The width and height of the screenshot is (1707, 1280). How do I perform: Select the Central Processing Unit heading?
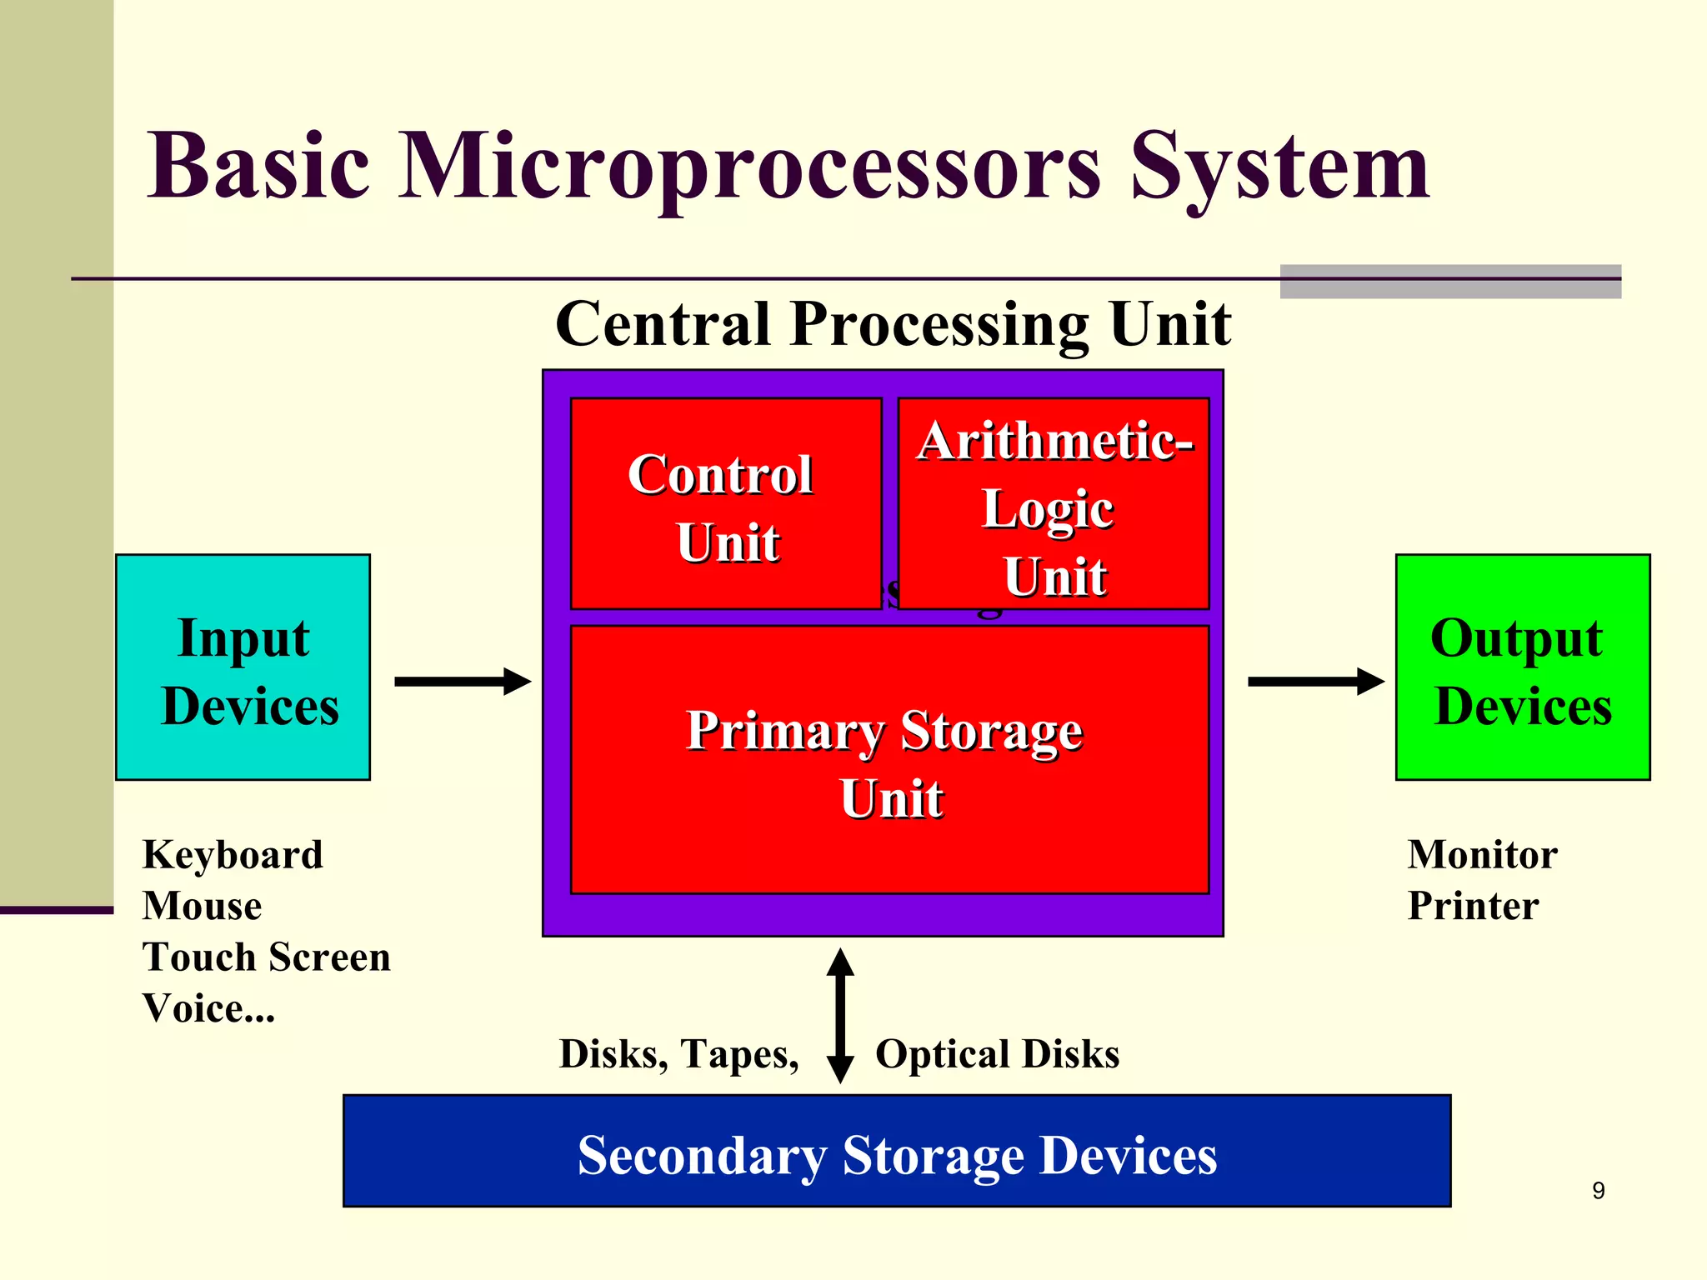click(893, 324)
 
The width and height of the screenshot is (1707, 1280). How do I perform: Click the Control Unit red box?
click(725, 505)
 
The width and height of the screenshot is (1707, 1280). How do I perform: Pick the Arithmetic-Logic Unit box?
click(1054, 505)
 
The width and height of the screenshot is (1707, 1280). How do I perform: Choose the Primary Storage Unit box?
click(889, 760)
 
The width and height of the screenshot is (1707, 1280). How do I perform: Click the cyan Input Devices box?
click(243, 667)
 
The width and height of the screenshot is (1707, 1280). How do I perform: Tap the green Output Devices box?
click(1523, 667)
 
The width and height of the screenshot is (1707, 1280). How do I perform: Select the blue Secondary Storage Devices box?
click(897, 1151)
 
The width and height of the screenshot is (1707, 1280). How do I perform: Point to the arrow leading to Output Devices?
click(1314, 682)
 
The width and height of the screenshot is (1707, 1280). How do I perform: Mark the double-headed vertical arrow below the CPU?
click(840, 1015)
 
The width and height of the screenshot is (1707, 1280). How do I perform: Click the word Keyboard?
click(233, 855)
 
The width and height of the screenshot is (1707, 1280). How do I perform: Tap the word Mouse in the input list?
click(202, 906)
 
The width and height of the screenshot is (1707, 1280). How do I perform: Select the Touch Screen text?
click(266, 957)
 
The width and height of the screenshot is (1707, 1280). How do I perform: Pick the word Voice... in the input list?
click(208, 1008)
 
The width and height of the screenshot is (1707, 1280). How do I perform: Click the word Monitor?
click(1482, 855)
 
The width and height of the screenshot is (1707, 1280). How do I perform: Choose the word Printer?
click(1473, 906)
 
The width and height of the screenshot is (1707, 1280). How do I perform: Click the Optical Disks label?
click(997, 1054)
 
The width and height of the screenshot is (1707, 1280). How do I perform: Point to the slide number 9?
click(1598, 1191)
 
